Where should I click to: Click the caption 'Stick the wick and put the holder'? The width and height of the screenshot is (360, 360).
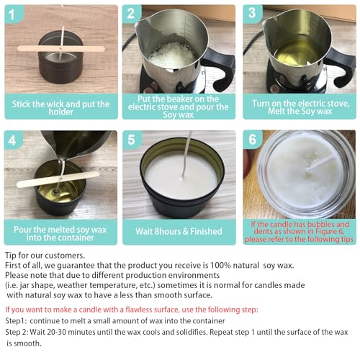pyautogui.click(x=60, y=107)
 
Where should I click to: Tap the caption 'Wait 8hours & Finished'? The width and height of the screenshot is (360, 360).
pyautogui.click(x=179, y=232)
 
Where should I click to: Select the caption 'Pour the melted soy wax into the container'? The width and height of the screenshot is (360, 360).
pyautogui.click(x=60, y=232)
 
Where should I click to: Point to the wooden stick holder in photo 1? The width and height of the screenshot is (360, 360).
pyautogui.click(x=61, y=49)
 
